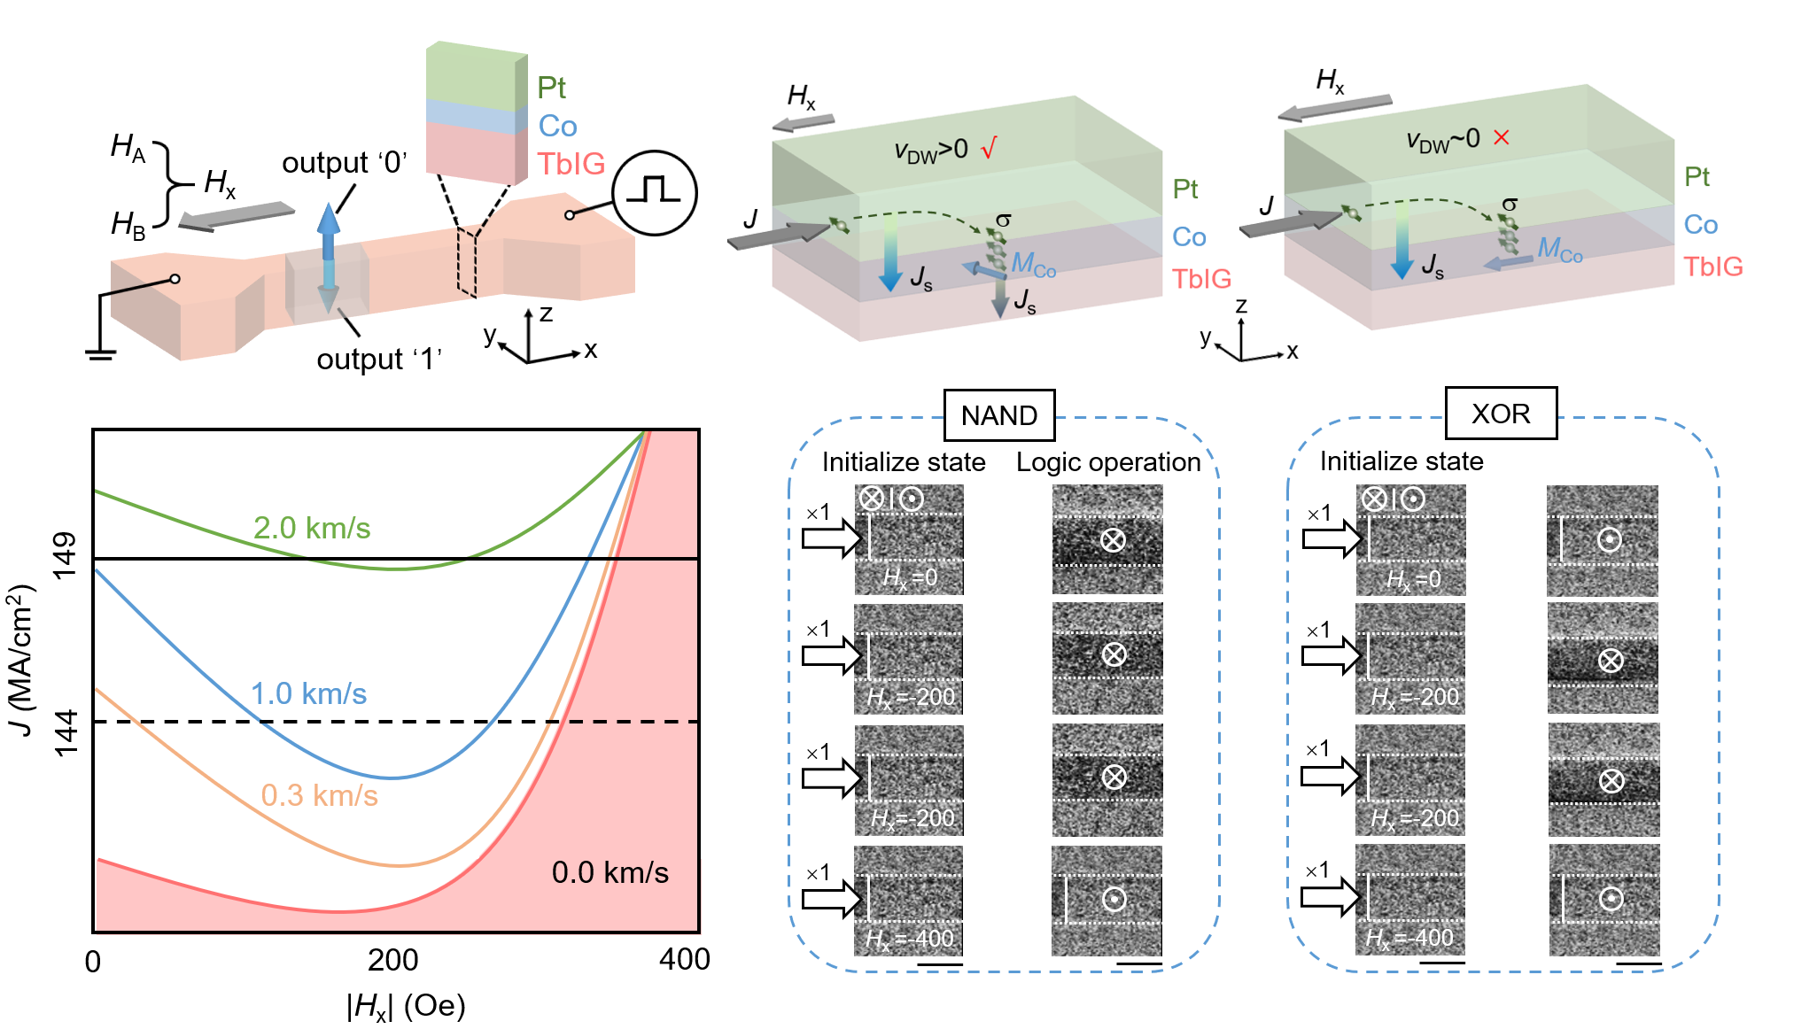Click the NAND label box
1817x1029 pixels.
point(998,415)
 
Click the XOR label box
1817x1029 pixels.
point(1501,414)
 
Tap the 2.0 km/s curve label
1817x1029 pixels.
point(312,528)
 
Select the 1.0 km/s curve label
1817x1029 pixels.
point(308,693)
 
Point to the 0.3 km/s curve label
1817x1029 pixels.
point(319,795)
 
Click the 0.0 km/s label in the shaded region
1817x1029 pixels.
point(610,872)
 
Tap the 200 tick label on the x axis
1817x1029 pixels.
point(392,960)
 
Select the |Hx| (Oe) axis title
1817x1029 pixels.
point(406,1006)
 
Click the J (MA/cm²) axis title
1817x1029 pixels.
point(21,660)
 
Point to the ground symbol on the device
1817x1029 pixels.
point(100,354)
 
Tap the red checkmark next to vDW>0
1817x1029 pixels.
point(990,147)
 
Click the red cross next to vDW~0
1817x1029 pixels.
point(1501,137)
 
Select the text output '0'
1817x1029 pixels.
point(344,163)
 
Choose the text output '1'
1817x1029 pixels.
point(378,360)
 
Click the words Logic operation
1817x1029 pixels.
point(1107,462)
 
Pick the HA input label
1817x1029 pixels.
point(128,148)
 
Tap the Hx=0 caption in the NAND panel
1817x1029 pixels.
point(910,578)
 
